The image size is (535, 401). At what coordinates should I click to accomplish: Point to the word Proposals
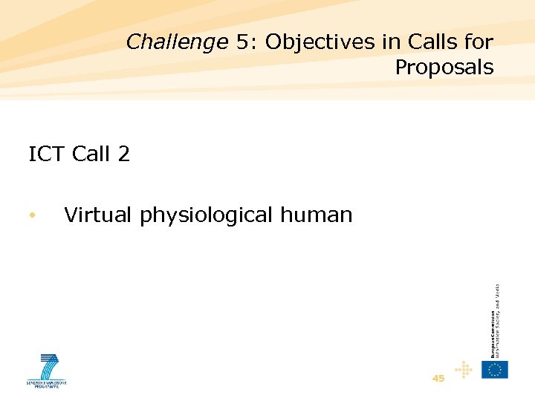pos(444,68)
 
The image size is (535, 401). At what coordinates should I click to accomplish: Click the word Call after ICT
pos(92,154)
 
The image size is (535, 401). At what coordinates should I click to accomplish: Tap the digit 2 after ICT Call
pos(123,154)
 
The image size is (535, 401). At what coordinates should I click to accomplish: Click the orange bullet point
pos(32,216)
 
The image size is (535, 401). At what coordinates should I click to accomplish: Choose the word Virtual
pos(99,215)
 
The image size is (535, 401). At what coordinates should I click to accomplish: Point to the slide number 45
pos(438,378)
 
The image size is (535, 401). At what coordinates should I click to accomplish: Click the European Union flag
pos(495,369)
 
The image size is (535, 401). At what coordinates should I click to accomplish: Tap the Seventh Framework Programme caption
pos(47,384)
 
